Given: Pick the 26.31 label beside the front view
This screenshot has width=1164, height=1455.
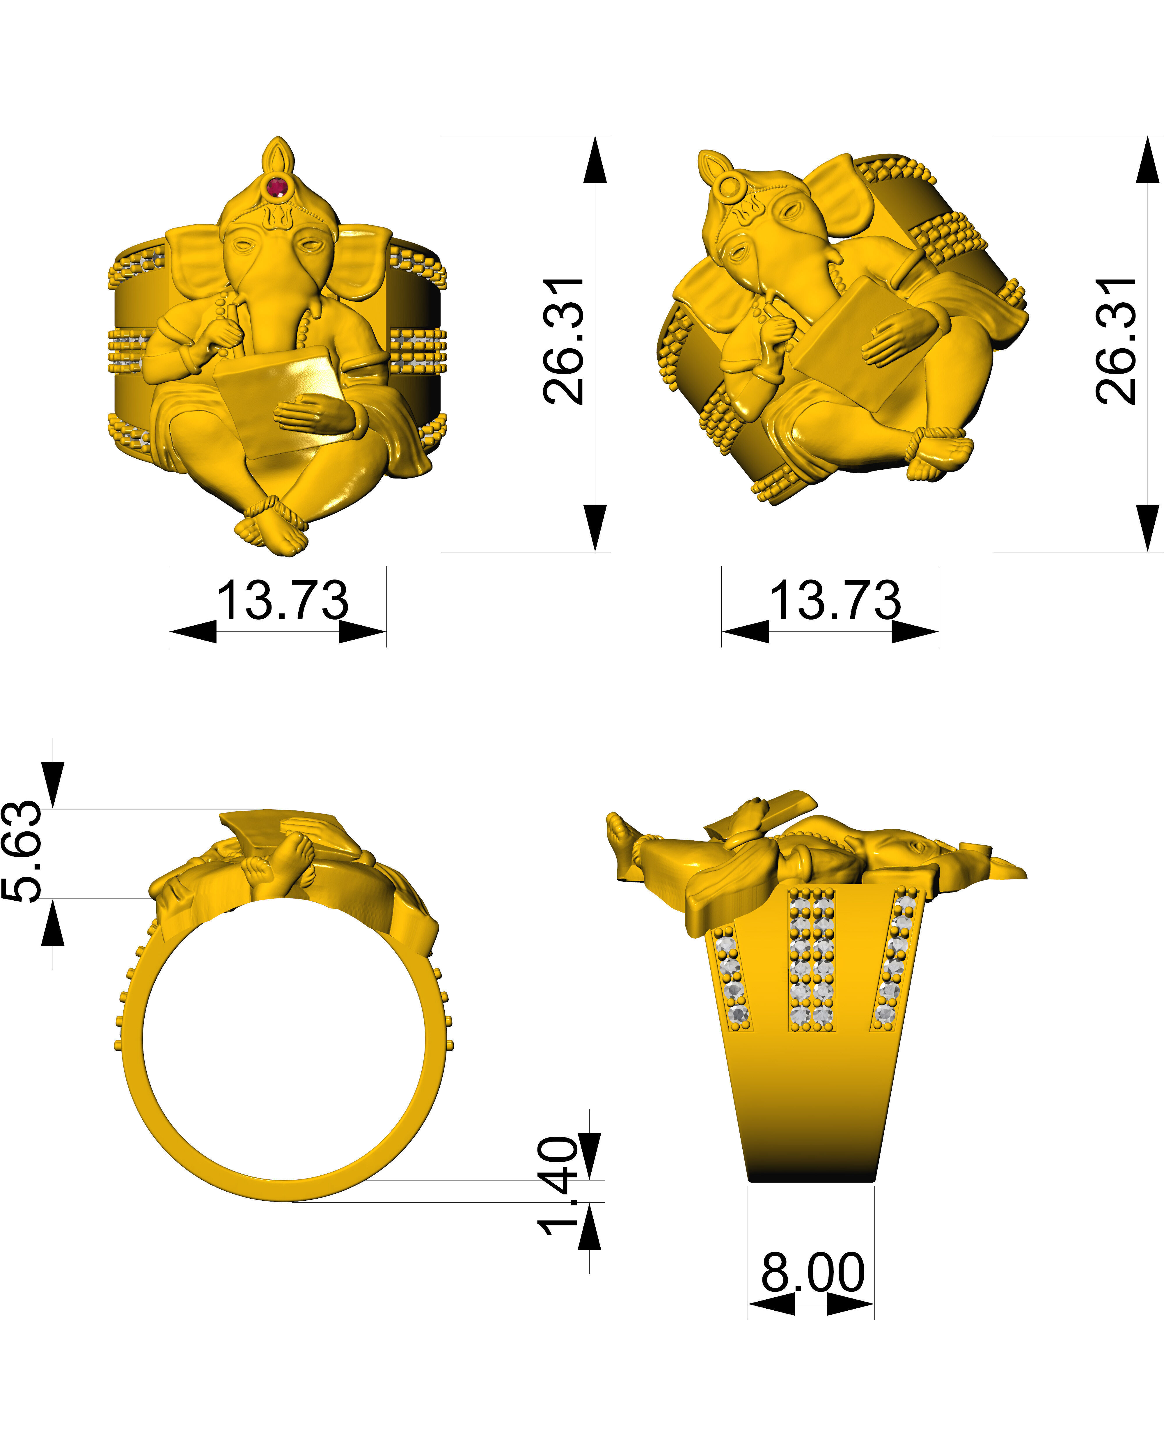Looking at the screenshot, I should tap(564, 341).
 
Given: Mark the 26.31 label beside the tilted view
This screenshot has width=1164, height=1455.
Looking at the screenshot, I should tap(1117, 341).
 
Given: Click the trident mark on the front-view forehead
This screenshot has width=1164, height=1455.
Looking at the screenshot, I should tap(277, 216).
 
